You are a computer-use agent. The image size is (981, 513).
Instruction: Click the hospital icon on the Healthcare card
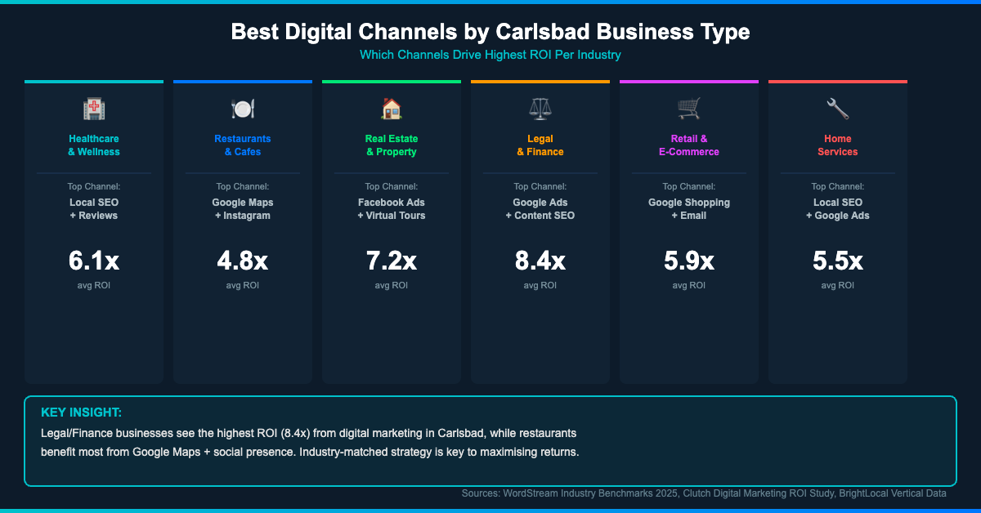tap(94, 109)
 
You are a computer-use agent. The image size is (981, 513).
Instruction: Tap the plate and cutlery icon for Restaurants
tap(243, 109)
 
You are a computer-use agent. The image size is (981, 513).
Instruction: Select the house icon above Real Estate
tap(392, 109)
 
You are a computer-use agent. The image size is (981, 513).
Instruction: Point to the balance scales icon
tap(540, 109)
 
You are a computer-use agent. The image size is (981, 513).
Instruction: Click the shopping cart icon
tap(689, 109)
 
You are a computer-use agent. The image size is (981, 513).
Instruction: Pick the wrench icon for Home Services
tap(838, 109)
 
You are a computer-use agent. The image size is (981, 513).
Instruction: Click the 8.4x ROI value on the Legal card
tap(540, 261)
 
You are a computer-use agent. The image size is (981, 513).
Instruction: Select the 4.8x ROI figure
tap(243, 261)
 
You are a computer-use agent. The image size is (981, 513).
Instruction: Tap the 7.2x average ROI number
tap(392, 261)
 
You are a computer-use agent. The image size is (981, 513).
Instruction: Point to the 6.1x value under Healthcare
tap(94, 261)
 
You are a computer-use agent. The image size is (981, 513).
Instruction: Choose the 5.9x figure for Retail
tap(689, 261)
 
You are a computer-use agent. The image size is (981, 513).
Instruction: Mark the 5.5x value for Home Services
tap(838, 261)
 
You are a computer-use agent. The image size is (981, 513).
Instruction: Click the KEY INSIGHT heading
tap(81, 413)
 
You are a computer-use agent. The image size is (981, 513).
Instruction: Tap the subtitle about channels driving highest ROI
tap(490, 55)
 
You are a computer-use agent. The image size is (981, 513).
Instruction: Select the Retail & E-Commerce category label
tap(689, 145)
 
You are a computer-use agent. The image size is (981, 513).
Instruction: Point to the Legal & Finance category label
tap(540, 145)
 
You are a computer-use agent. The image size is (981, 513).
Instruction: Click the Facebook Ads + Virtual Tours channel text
tap(392, 209)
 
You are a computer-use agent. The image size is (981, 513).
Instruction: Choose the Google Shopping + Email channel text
tap(689, 209)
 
